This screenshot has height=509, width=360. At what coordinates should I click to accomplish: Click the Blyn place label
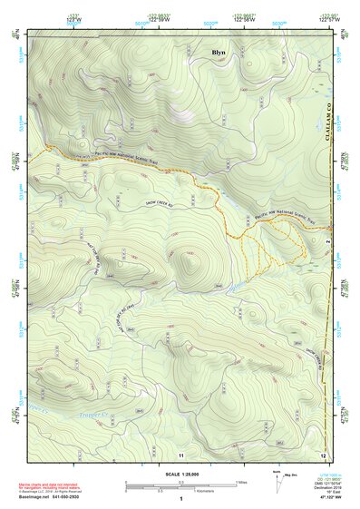[x=219, y=53]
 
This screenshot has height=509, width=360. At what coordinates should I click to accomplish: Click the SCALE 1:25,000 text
[x=180, y=473]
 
